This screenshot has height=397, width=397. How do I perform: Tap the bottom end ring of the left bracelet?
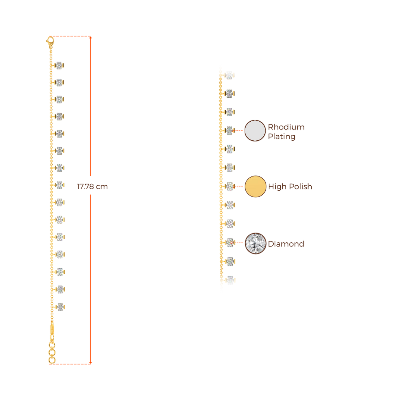click(x=52, y=361)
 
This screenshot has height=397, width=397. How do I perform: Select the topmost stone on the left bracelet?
click(x=59, y=65)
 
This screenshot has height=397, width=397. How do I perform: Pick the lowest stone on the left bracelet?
click(x=60, y=307)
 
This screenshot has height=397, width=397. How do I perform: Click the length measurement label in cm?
click(x=92, y=186)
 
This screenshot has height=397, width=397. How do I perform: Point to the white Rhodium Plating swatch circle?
click(x=255, y=131)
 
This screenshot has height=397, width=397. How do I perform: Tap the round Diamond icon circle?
click(x=255, y=243)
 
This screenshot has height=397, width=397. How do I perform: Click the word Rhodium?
click(x=287, y=127)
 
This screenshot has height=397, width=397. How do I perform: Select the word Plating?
click(x=282, y=137)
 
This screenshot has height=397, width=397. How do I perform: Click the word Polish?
click(x=300, y=187)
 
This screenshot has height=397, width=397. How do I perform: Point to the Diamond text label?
click(x=286, y=244)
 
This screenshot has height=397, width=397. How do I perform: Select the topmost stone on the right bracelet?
click(x=230, y=75)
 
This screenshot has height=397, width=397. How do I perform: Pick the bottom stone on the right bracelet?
click(x=230, y=280)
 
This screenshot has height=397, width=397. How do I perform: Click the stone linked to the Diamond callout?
click(x=230, y=243)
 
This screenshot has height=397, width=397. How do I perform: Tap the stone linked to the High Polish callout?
click(x=230, y=186)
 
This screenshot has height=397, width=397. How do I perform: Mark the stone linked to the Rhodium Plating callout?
click(x=230, y=130)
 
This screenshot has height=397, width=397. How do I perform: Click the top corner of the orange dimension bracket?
click(x=91, y=37)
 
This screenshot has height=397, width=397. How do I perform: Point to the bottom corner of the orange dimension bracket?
click(x=91, y=363)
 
